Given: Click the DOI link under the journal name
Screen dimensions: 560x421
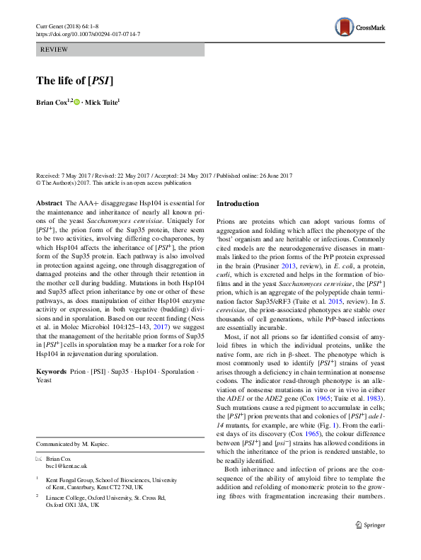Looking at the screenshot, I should (x=88, y=34).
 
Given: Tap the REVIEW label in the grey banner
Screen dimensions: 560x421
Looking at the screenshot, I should (x=55, y=50).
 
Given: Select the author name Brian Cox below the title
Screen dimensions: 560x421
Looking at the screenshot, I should (x=52, y=103).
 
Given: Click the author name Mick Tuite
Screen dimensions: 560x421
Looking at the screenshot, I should (x=103, y=103).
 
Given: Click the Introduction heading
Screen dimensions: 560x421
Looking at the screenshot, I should (x=238, y=204).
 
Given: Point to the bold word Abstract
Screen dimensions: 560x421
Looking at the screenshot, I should (x=48, y=203).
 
